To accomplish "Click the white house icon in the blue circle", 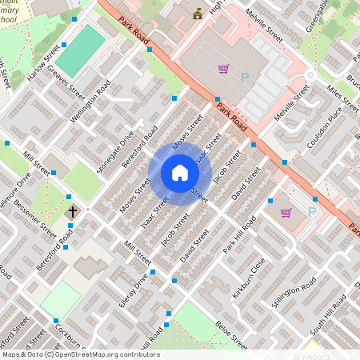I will point(180,173).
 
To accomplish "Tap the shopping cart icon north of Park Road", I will point(223,70).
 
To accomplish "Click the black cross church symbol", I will point(73,212).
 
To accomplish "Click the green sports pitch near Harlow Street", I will point(80,49).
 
